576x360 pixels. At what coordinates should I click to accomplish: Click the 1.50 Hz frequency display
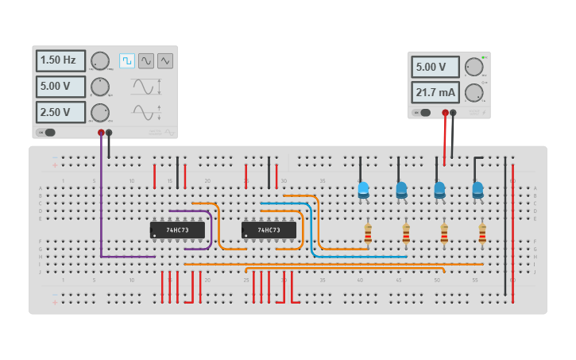tap(60, 61)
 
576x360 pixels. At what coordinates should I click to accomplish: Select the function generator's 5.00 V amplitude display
tap(60, 87)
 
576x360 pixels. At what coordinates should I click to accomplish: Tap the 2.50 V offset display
tap(60, 112)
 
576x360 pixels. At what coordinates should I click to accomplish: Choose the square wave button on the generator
tap(127, 60)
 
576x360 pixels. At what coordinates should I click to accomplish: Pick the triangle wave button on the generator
tap(165, 60)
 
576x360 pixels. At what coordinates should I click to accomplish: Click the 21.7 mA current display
tap(435, 93)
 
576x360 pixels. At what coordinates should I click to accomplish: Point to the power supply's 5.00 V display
tap(435, 68)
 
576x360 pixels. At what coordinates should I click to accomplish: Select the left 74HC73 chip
tap(177, 230)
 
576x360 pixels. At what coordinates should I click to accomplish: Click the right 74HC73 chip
tap(269, 230)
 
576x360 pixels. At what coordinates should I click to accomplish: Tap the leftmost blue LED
tap(363, 190)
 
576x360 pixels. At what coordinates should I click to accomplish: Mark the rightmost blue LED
tap(477, 190)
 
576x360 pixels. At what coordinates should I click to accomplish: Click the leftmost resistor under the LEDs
tap(368, 234)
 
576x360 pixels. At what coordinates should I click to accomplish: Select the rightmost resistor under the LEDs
tap(482, 234)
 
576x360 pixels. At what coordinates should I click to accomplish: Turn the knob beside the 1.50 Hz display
tap(100, 61)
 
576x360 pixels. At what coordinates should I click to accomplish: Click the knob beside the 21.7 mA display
tap(474, 93)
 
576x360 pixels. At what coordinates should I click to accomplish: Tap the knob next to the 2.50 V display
tap(100, 112)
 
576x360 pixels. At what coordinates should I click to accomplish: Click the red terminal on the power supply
tap(445, 113)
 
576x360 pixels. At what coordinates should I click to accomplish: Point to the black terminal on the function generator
tap(110, 133)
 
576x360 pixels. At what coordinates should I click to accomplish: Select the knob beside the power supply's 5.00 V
tap(474, 67)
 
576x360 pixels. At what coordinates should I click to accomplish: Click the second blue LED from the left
tap(401, 190)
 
